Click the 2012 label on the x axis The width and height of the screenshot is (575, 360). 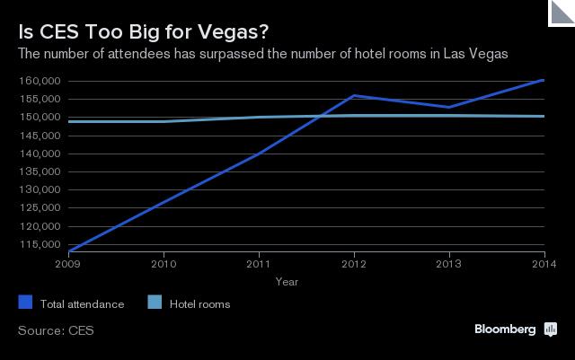point(354,265)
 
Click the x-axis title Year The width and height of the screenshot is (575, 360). point(287,282)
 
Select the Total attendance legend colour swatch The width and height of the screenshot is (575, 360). point(24,303)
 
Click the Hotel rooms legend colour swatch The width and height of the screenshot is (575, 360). point(153,303)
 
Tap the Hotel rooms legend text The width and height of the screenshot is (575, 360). point(199,304)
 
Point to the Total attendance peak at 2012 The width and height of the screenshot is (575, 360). point(354,95)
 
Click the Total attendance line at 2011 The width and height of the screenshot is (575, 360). point(259,154)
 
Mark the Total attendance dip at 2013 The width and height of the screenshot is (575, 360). point(449,107)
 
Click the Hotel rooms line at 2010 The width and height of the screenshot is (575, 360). point(164,121)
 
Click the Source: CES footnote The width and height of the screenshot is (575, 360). point(56,330)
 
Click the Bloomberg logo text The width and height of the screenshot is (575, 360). point(505,329)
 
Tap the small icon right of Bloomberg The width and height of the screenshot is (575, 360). point(550,329)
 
